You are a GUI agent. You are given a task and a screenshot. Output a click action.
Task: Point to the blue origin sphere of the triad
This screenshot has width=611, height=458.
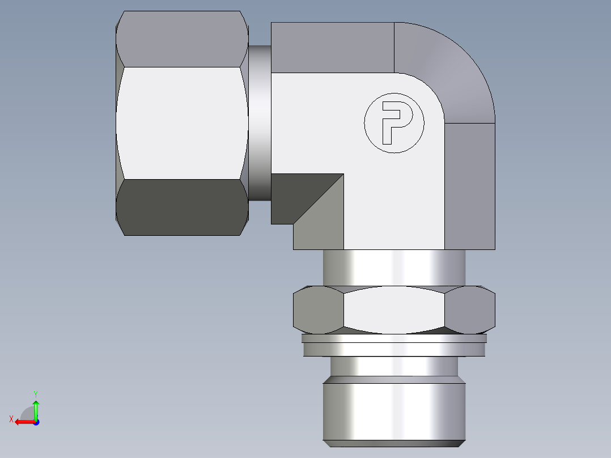coord(36,422)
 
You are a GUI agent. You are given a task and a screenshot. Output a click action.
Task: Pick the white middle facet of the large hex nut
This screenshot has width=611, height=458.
coord(182,123)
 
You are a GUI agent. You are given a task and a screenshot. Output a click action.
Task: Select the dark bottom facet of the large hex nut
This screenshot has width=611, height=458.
coord(182,207)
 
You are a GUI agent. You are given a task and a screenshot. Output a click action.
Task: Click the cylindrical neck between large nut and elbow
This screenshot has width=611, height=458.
coord(260,122)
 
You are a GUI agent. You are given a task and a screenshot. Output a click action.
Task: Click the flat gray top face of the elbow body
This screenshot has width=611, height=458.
coord(332,48)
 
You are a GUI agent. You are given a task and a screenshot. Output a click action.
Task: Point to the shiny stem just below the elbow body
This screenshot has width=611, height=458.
coord(394,267)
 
